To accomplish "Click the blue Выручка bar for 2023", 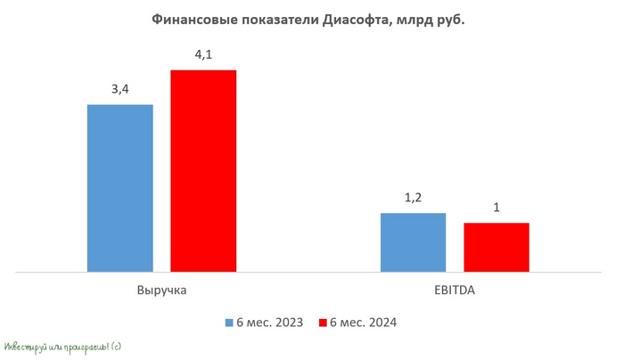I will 119,187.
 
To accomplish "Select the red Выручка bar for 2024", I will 203,169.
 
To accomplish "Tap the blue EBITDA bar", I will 413,241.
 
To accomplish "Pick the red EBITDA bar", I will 496,247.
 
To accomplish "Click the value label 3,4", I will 119,90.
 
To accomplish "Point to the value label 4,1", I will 203,55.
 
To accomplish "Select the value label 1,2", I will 413,199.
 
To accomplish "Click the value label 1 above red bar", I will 496,209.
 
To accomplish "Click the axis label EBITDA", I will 454,290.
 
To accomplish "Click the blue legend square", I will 228,323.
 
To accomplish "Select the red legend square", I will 323,323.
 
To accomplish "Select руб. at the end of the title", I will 450,20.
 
